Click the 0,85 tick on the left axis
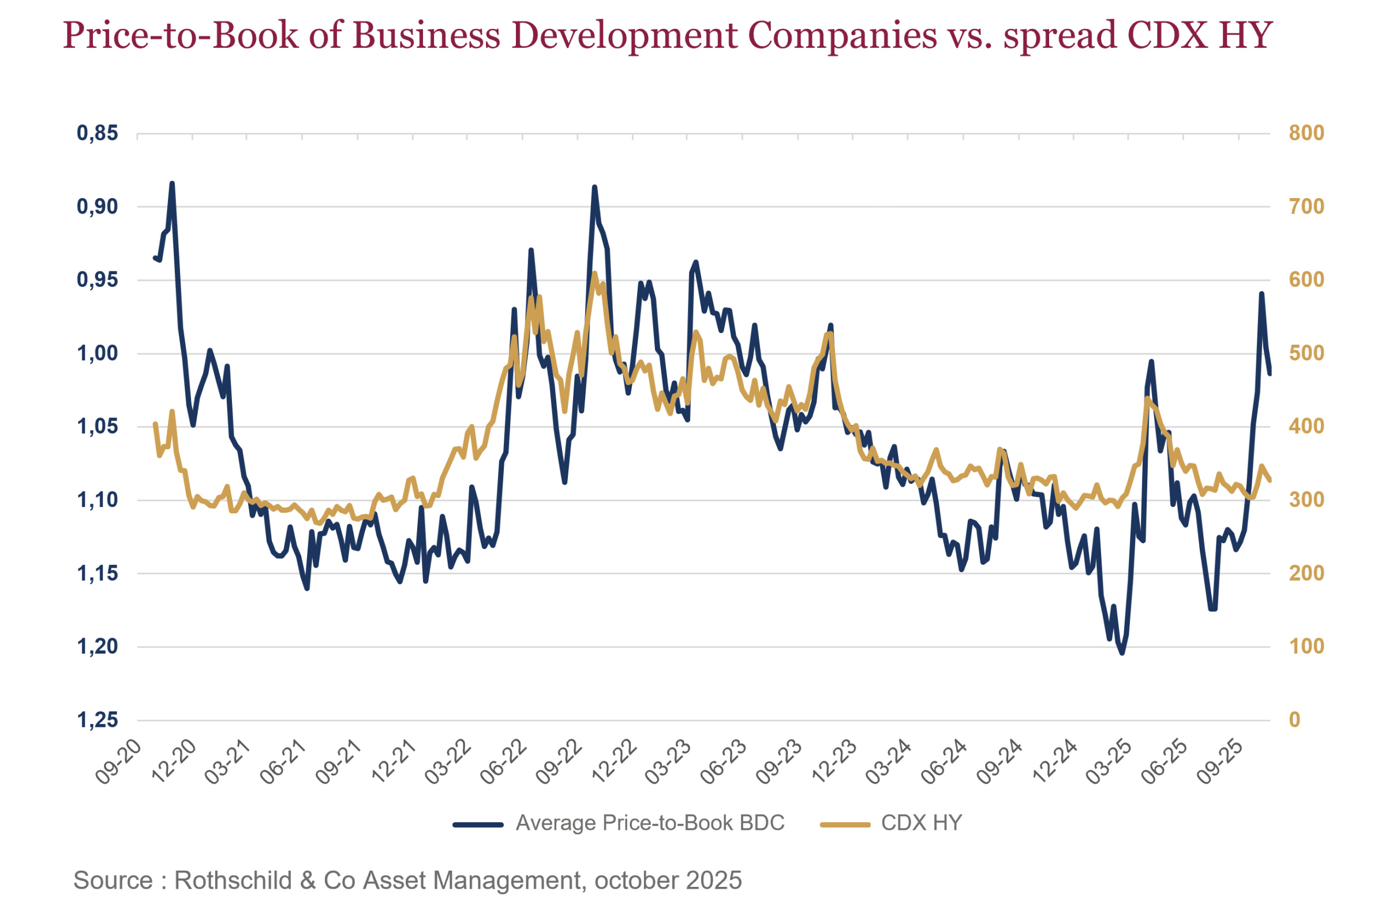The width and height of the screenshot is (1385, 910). click(x=97, y=133)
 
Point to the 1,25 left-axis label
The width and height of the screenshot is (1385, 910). click(x=97, y=720)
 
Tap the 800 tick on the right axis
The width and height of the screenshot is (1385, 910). click(x=1306, y=133)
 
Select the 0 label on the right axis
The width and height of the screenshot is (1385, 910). click(x=1294, y=720)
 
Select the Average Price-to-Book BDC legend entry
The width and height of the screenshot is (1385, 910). click(x=649, y=823)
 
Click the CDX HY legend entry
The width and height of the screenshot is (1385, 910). click(x=921, y=823)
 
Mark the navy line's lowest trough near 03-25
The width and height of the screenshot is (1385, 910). click(x=1122, y=653)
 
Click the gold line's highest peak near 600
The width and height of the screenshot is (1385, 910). click(x=594, y=273)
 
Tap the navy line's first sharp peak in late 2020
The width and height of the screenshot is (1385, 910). click(x=172, y=184)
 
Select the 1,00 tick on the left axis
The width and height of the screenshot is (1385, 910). click(x=97, y=353)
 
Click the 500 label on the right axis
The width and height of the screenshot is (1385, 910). click(x=1306, y=353)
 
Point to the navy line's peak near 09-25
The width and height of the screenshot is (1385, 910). click(x=1262, y=294)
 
